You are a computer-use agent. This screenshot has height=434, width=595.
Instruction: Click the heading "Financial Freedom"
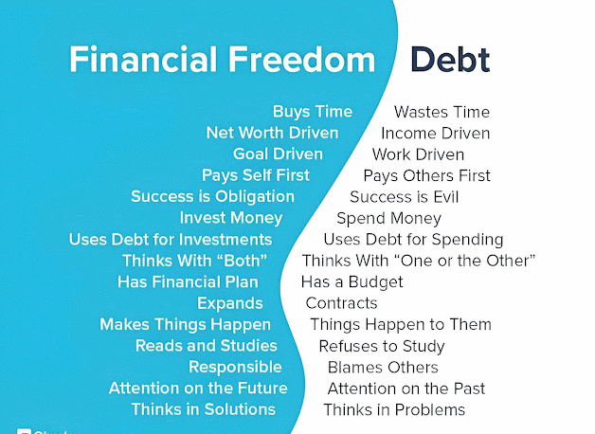222,59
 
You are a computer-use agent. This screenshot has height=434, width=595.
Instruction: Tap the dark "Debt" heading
450,60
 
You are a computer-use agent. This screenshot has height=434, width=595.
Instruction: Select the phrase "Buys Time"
313,112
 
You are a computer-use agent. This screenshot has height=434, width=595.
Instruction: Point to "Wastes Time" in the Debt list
442,112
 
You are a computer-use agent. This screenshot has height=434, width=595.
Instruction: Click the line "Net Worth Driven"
272,133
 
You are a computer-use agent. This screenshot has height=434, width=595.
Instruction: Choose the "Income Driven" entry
435,134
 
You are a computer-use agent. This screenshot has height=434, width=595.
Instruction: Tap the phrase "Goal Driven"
278,154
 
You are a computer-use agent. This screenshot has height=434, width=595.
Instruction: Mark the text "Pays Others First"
427,175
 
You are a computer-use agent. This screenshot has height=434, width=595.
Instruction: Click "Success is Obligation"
212,196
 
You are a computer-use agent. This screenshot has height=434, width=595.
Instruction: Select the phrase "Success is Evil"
405,197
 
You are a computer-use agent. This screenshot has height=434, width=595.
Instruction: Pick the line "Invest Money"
231,218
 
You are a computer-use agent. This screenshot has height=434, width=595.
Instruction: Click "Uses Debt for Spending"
413,240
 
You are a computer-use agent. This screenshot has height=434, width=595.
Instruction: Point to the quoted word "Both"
245,261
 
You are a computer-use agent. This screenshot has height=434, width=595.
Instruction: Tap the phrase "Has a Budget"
352,281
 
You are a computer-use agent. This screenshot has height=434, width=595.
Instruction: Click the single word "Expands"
230,303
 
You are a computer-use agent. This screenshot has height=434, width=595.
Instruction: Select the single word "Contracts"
341,303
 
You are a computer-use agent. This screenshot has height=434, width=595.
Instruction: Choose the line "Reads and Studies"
206,346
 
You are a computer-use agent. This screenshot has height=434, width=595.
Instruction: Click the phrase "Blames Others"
383,368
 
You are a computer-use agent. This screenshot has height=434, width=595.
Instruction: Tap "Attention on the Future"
198,389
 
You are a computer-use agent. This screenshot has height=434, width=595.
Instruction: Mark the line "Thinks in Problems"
394,409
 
